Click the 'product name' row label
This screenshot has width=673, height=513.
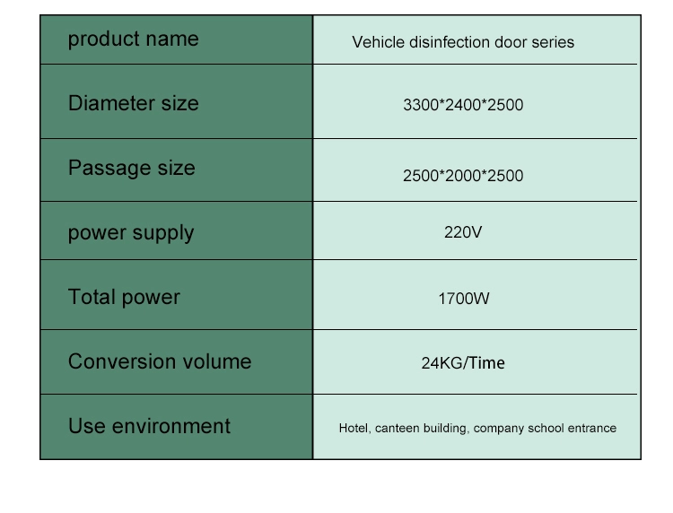133,39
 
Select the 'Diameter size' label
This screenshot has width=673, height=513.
133,103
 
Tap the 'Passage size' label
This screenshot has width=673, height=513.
131,168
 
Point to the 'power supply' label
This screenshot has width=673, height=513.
131,233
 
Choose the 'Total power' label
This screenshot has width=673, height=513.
124,297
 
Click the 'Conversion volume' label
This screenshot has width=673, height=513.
160,361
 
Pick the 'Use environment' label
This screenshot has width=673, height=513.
149,426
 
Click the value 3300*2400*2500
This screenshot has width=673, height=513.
463,105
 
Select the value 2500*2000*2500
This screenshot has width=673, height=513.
463,176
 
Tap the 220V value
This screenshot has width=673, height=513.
463,232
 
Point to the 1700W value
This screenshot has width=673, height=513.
464,299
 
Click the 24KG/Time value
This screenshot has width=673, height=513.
463,363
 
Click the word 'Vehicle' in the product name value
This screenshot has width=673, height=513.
378,42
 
